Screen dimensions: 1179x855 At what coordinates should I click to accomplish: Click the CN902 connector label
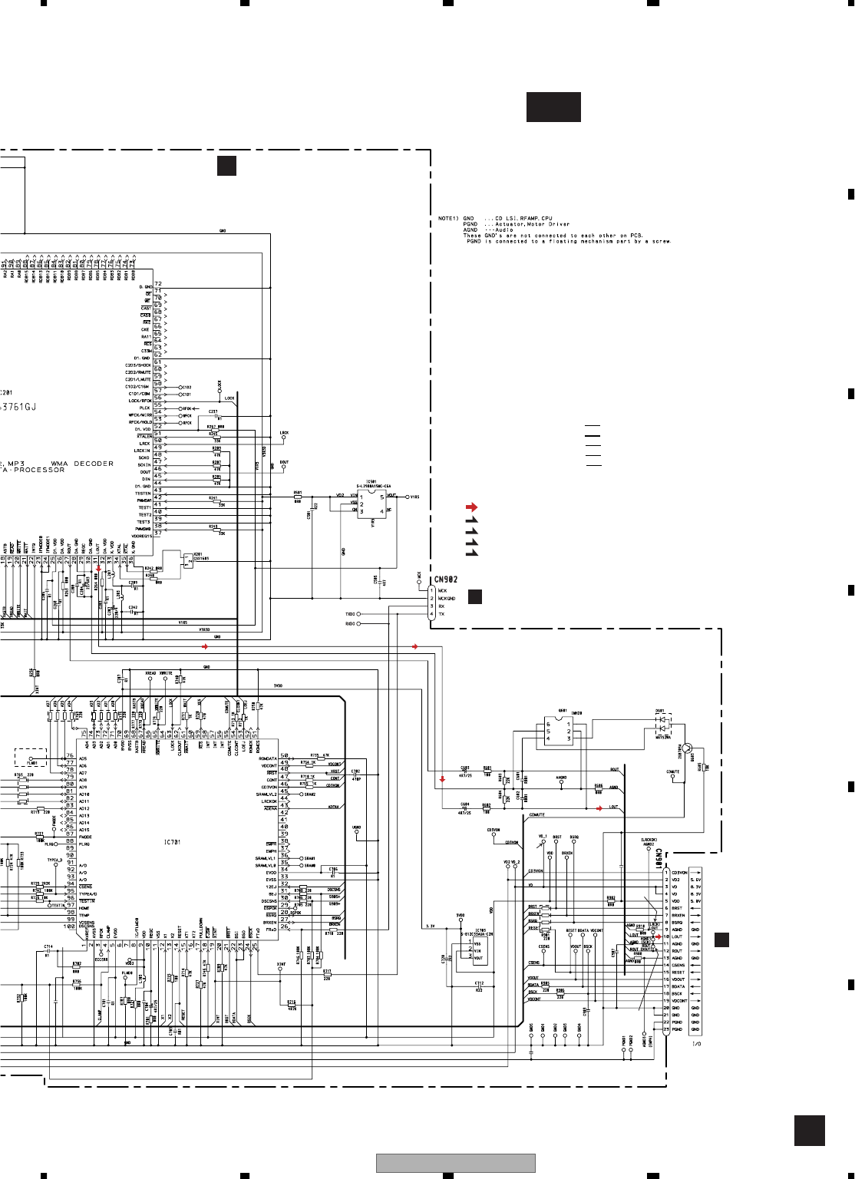[446, 580]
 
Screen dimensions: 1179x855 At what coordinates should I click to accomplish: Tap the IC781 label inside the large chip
[172, 842]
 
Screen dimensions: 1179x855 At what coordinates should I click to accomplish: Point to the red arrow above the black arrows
[471, 507]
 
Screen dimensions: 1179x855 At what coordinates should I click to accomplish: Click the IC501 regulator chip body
[371, 504]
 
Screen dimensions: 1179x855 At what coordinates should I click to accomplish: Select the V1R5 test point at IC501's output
[408, 497]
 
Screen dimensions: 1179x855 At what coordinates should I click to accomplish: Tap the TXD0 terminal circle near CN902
[358, 614]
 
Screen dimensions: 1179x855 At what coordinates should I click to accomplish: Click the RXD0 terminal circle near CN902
[358, 623]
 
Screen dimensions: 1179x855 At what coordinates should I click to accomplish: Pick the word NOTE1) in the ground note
[447, 219]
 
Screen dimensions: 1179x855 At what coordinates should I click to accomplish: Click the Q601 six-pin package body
[558, 732]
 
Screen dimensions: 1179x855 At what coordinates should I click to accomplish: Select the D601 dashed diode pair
[661, 724]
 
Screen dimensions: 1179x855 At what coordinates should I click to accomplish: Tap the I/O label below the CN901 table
[696, 1044]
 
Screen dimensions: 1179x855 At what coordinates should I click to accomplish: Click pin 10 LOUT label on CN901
[677, 936]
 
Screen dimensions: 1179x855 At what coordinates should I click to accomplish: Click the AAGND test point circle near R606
[562, 784]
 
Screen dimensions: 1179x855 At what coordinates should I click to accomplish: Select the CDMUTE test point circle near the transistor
[673, 778]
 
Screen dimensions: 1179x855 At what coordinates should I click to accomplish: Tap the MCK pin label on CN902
[442, 591]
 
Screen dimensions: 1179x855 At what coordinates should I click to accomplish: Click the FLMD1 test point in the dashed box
[32, 757]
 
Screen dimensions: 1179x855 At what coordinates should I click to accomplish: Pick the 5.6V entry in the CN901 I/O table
[695, 880]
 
